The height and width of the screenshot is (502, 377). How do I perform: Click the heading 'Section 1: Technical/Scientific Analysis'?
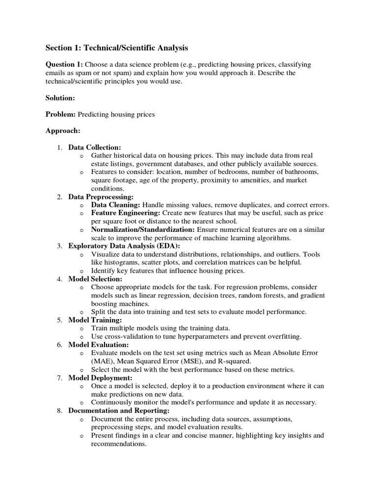[116, 48]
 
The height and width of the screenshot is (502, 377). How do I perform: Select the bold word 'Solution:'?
[60, 98]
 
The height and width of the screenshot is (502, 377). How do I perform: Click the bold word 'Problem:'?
[61, 115]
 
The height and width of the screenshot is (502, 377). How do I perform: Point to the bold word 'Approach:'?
[63, 131]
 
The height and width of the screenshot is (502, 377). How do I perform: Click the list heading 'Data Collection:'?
[94, 147]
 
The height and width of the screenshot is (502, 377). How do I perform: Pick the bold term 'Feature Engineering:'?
[125, 213]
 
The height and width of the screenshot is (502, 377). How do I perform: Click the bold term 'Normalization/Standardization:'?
[143, 230]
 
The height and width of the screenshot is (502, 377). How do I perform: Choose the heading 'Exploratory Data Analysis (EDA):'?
[124, 246]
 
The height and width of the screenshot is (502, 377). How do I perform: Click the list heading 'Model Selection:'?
[95, 279]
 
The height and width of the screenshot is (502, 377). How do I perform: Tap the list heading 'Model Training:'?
[95, 320]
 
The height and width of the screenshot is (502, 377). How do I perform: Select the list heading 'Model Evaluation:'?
[97, 345]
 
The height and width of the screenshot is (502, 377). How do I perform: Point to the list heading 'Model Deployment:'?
[100, 378]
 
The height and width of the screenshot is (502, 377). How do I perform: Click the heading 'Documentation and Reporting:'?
[119, 411]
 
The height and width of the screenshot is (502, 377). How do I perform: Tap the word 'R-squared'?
[223, 361]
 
